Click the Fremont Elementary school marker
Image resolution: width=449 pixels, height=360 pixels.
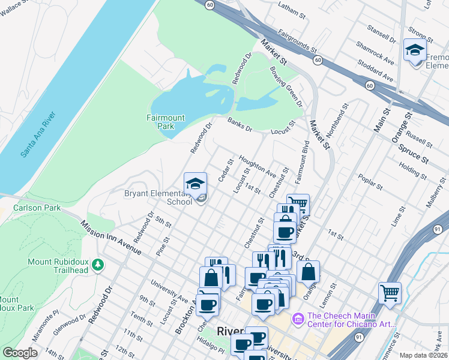click(x=415, y=50)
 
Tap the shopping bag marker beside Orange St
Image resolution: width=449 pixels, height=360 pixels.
click(x=308, y=271)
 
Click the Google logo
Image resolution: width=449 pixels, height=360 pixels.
click(x=20, y=353)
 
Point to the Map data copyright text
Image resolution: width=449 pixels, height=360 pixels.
click(x=423, y=355)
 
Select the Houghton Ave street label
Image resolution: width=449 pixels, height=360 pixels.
click(x=258, y=166)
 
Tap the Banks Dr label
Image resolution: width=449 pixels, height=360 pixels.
click(x=240, y=124)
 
